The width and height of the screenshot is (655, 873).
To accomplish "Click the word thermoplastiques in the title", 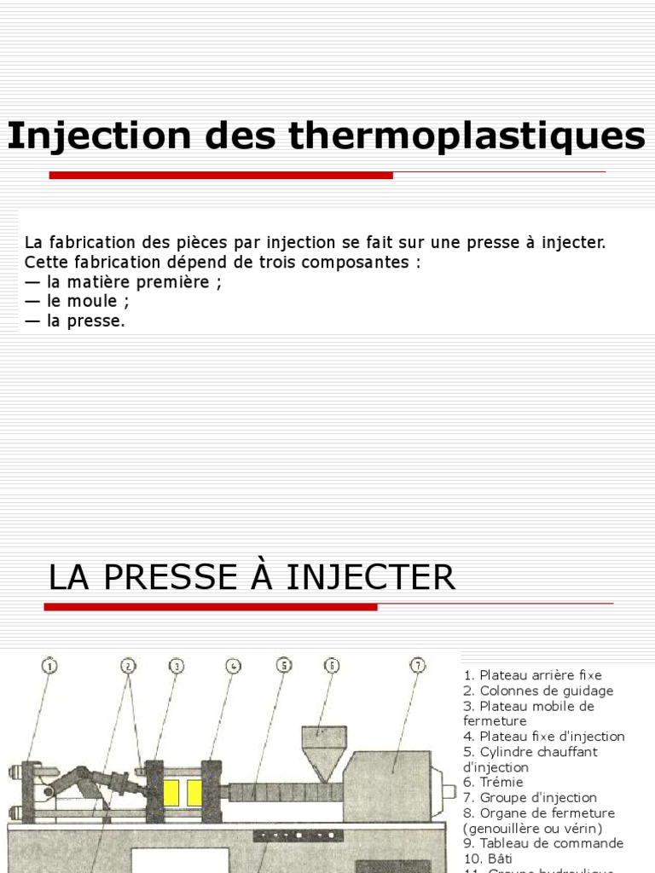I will pyautogui.click(x=467, y=136).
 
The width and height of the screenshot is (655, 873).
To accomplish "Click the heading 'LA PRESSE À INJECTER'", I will pyautogui.click(x=252, y=578).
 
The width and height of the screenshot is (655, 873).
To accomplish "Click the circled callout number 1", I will pyautogui.click(x=49, y=666).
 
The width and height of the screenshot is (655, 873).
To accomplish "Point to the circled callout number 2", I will pyautogui.click(x=128, y=666).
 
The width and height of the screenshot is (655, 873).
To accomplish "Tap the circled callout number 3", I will pyautogui.click(x=177, y=666).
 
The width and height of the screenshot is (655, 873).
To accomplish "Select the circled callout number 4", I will pyautogui.click(x=234, y=666).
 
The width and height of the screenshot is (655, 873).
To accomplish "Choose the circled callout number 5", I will pyautogui.click(x=284, y=666).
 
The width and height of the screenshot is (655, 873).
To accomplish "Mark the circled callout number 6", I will pyautogui.click(x=332, y=666).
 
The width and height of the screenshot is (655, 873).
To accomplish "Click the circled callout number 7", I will pyautogui.click(x=417, y=666).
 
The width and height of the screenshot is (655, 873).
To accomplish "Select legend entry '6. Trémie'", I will pyautogui.click(x=494, y=782).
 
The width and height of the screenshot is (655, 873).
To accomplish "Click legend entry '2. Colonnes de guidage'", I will pyautogui.click(x=538, y=691).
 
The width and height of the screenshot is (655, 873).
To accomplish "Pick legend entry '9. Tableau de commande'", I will pyautogui.click(x=543, y=843).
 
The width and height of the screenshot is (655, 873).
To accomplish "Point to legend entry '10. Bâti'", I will pyautogui.click(x=488, y=859).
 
